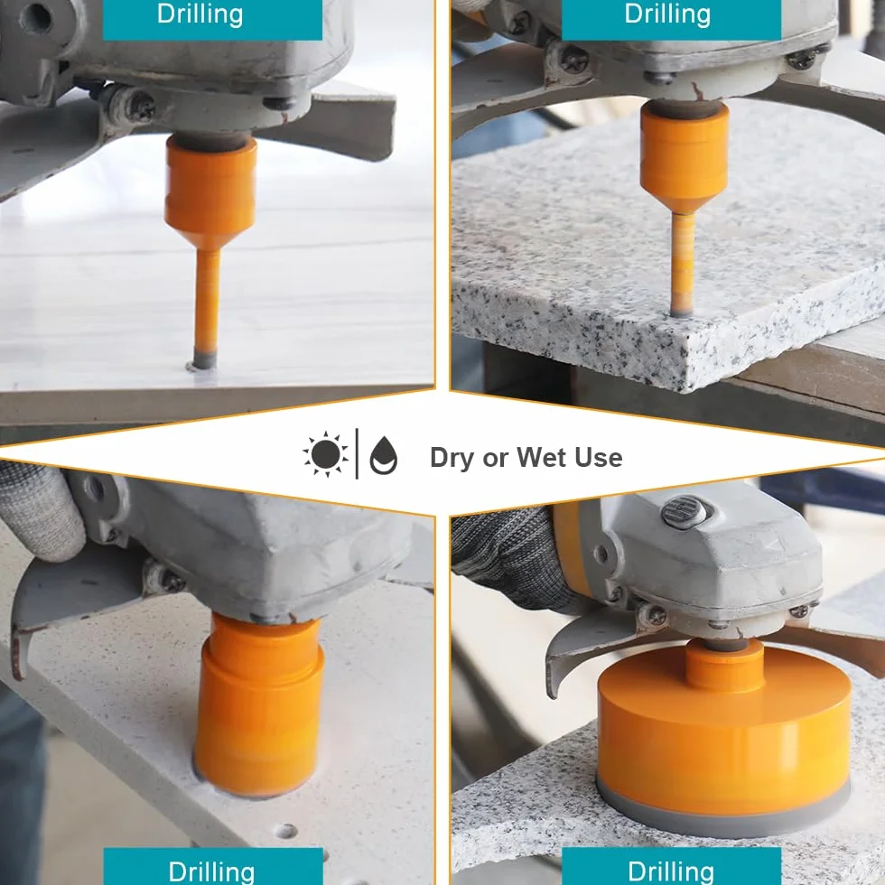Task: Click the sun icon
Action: point(326,454)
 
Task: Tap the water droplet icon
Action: point(384,455)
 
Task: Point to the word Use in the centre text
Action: point(599,457)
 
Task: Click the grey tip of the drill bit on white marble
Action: point(204,359)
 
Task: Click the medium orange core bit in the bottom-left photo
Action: point(259,705)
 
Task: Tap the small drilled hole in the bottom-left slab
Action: point(285,831)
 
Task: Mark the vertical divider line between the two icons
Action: point(357,453)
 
